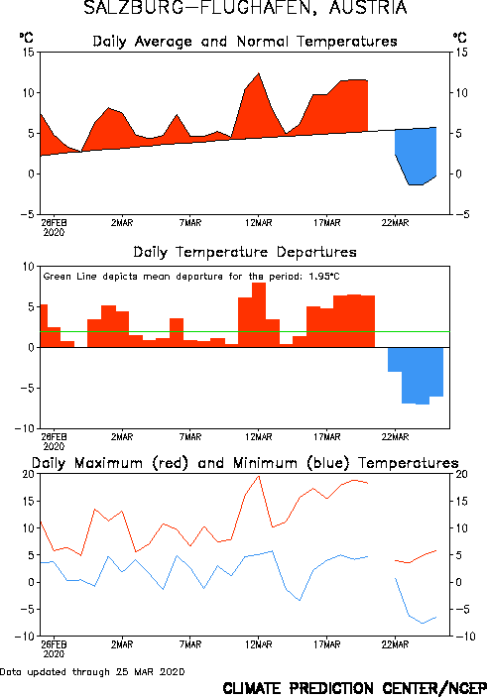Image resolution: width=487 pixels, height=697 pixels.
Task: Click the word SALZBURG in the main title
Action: point(134,8)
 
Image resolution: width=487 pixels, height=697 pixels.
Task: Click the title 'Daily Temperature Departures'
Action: point(245,253)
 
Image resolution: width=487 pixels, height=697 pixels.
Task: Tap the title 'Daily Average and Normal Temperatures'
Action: point(245,42)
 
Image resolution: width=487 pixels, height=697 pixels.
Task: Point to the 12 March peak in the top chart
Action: point(259,73)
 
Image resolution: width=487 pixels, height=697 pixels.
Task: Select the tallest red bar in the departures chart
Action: point(259,314)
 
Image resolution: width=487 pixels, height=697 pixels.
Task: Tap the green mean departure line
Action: point(245,331)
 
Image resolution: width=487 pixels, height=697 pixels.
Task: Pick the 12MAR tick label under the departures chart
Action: point(259,437)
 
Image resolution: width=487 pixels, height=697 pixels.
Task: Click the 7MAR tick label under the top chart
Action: point(190,223)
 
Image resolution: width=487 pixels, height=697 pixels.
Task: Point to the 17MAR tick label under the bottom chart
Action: point(327,644)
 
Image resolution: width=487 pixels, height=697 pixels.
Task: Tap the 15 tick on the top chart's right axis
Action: point(461,53)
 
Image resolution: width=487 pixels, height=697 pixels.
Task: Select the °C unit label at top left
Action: point(26,38)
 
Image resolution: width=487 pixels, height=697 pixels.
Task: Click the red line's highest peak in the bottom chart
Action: point(259,476)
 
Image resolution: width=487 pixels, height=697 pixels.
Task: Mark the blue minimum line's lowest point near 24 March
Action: point(423,624)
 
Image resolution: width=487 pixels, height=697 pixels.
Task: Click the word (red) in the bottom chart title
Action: point(171,463)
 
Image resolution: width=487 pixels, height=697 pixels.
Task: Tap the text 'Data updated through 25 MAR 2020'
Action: point(92,671)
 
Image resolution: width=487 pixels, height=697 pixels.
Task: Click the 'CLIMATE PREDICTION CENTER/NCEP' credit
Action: point(354,688)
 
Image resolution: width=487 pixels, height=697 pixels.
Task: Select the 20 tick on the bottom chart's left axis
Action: point(28,474)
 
